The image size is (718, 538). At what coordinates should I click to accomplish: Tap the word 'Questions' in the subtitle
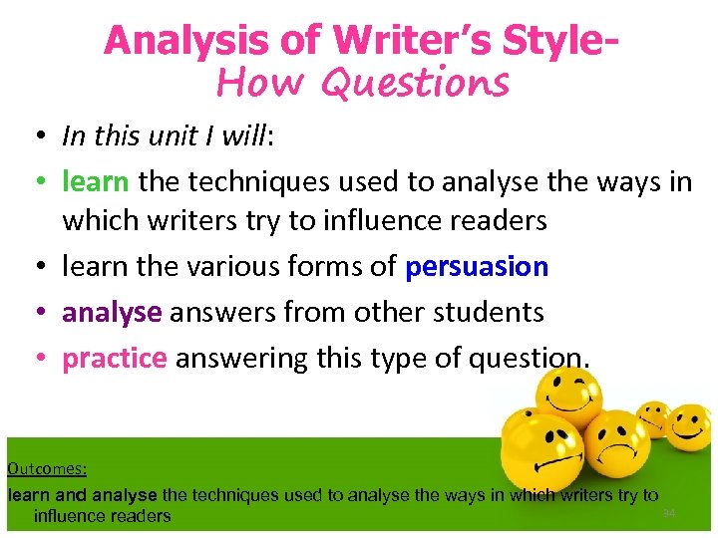click(x=416, y=84)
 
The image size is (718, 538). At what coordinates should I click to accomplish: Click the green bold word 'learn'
click(x=95, y=181)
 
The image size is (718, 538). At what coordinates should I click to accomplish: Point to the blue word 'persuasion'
click(x=477, y=267)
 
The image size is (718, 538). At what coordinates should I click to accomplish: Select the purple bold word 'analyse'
click(x=112, y=312)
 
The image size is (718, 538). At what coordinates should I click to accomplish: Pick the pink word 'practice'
click(x=114, y=358)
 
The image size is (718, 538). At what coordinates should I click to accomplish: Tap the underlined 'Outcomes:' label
click(x=47, y=467)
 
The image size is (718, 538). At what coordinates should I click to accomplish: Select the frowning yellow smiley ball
click(x=615, y=447)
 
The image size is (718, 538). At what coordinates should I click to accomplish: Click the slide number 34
click(x=669, y=513)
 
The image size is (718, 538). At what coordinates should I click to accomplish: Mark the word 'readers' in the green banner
click(x=137, y=516)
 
